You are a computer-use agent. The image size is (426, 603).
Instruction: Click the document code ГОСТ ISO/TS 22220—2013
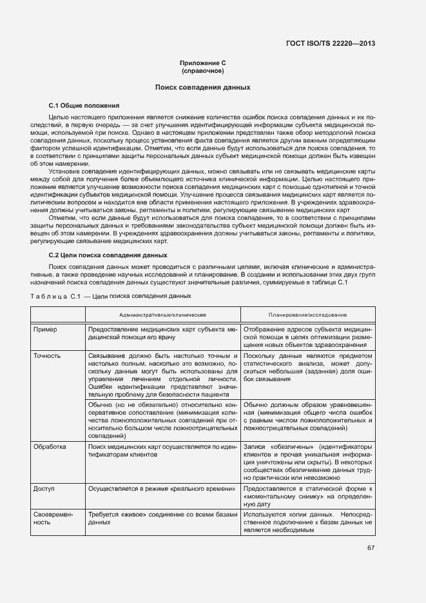330,44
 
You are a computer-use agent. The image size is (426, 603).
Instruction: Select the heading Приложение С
202,63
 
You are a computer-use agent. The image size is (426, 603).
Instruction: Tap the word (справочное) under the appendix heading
202,70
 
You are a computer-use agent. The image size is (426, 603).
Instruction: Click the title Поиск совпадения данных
202,86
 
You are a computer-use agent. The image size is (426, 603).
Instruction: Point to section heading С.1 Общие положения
84,104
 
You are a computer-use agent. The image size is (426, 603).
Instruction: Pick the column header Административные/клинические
162,314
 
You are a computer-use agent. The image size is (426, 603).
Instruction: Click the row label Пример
45,329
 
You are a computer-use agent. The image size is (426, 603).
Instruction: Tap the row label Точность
48,355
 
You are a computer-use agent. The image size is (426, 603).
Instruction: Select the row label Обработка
50,446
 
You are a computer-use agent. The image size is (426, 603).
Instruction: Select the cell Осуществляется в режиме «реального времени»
162,489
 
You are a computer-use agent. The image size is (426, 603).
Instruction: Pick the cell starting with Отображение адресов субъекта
308,337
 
